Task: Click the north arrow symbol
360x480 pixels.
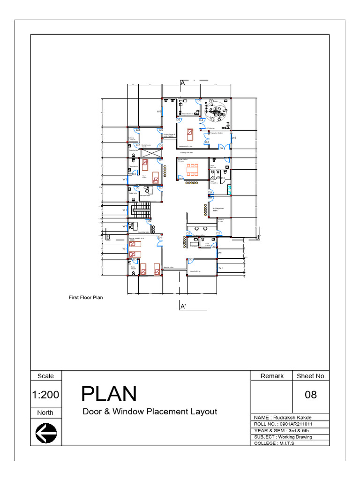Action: point(46,432)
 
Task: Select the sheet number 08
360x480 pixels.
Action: point(311,395)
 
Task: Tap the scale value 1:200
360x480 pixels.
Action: point(46,395)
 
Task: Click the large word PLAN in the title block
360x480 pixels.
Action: point(109,394)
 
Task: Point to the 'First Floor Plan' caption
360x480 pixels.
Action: point(86,297)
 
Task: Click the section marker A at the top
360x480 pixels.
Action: point(182,82)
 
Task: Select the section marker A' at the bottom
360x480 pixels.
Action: point(183,307)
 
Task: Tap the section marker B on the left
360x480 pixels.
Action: point(108,237)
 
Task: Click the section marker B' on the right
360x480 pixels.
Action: point(257,237)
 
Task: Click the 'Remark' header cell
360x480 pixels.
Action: point(272,376)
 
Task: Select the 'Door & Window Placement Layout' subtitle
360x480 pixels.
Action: point(150,412)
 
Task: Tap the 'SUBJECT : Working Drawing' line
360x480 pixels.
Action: point(283,437)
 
